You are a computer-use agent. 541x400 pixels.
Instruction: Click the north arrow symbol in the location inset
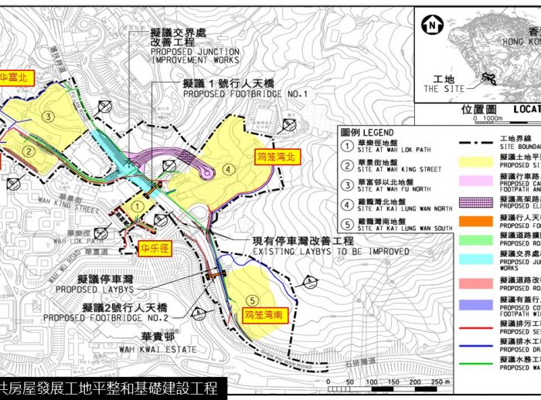(431, 25)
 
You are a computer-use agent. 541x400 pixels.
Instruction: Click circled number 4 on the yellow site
(227, 169)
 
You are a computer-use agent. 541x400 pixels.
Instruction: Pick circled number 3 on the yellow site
(48, 117)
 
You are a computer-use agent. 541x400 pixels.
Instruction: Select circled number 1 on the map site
(136, 206)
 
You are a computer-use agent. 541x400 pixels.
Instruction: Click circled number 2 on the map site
(29, 151)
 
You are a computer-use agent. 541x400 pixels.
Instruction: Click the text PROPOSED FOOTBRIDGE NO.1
(245, 93)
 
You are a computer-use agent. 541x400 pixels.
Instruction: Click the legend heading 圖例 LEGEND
(367, 133)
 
